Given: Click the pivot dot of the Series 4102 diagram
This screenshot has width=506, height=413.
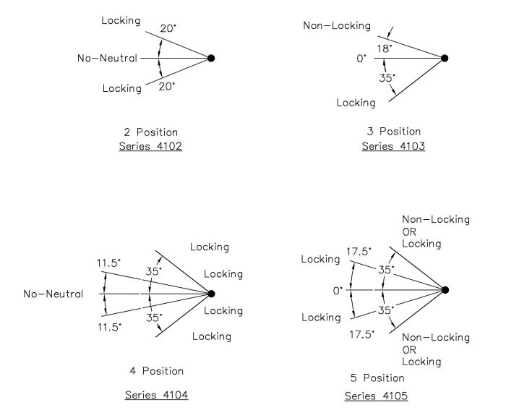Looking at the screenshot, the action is pyautogui.click(x=211, y=58).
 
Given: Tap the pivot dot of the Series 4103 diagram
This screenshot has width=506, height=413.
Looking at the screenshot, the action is pyautogui.click(x=445, y=58).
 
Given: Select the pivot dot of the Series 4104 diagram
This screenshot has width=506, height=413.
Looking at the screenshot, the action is pyautogui.click(x=211, y=294).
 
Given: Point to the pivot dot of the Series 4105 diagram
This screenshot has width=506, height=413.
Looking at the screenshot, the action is pyautogui.click(x=445, y=290).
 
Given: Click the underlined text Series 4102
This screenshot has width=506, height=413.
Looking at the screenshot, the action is pyautogui.click(x=150, y=146).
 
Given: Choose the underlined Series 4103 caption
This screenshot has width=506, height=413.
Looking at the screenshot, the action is pyautogui.click(x=393, y=146).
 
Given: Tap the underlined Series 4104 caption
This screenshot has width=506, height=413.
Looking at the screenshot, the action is pyautogui.click(x=157, y=395).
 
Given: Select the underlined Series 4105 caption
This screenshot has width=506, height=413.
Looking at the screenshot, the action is pyautogui.click(x=376, y=396).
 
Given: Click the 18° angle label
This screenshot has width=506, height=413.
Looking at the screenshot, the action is pyautogui.click(x=385, y=48).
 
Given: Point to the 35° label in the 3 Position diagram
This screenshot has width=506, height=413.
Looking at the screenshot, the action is pyautogui.click(x=387, y=78).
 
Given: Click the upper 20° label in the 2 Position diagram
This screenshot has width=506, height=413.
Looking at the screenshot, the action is pyautogui.click(x=168, y=28).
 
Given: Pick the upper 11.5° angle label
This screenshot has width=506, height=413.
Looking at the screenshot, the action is pyautogui.click(x=108, y=263).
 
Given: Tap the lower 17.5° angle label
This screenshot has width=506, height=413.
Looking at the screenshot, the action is pyautogui.click(x=361, y=335).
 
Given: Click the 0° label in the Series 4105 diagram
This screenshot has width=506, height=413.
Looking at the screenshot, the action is pyautogui.click(x=338, y=291).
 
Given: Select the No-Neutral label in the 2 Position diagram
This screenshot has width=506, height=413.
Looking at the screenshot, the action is pyautogui.click(x=107, y=58).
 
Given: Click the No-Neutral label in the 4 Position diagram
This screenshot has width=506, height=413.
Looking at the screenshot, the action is pyautogui.click(x=53, y=294).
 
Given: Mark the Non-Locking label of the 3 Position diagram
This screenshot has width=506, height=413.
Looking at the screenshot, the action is pyautogui.click(x=337, y=25).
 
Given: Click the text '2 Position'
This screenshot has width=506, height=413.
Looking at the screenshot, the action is pyautogui.click(x=150, y=132).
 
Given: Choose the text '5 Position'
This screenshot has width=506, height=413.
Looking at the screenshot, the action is pyautogui.click(x=377, y=378).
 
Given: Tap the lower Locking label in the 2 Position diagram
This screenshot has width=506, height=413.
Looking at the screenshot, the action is pyautogui.click(x=122, y=88).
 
